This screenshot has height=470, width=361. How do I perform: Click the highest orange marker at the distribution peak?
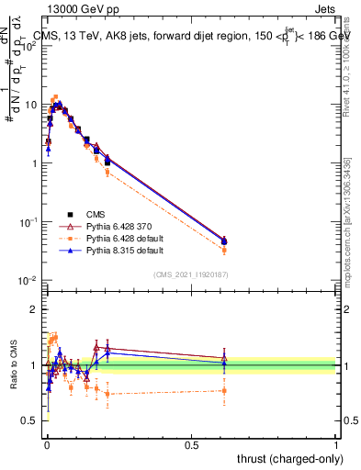[55, 97]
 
